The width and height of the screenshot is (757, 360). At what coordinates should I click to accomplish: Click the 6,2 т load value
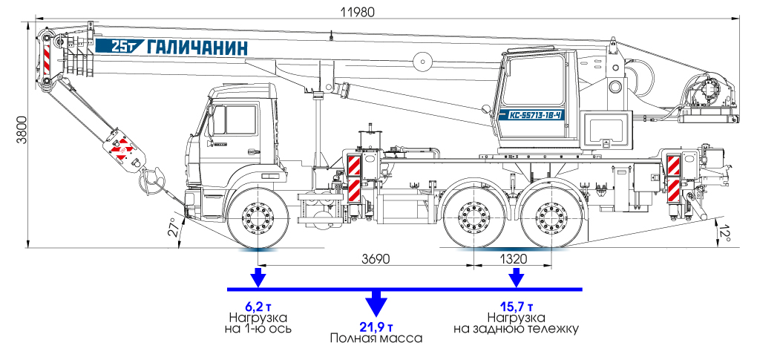pos(258,306)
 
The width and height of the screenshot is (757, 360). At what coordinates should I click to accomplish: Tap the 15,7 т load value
pos(516,306)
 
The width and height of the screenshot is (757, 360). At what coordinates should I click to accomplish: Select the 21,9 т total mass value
pos(376,327)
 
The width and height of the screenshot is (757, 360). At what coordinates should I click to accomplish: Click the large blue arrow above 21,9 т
pos(376,303)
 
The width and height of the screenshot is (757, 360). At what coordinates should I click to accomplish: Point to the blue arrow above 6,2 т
pos(258,278)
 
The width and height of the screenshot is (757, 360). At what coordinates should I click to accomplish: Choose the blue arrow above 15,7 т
pos(516,278)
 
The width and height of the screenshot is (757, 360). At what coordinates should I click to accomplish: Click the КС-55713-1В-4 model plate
pos(534,115)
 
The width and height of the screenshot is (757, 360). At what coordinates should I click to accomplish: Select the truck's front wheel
pos(258,219)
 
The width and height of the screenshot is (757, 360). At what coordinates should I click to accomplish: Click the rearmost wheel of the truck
pos(550,220)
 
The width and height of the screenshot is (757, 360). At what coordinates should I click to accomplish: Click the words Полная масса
pos(376,338)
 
